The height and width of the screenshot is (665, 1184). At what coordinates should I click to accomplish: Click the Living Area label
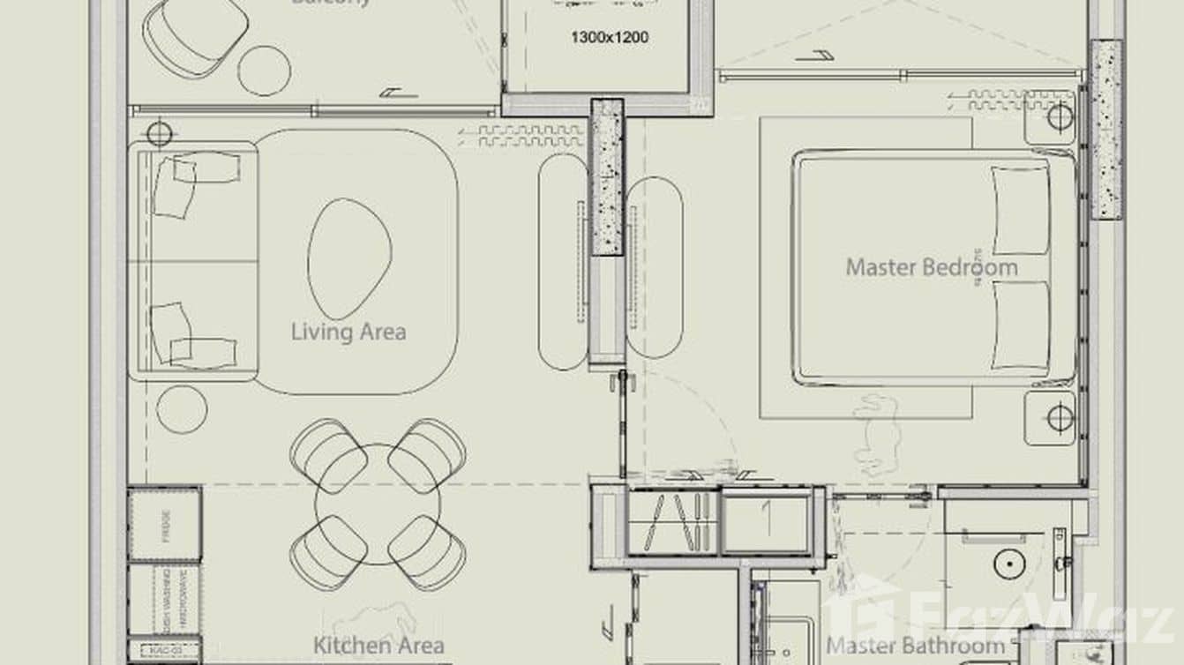[x=348, y=332]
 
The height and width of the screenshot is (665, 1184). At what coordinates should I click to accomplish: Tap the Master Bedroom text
[x=931, y=267]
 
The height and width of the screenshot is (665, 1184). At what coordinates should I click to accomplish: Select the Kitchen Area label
[x=378, y=646]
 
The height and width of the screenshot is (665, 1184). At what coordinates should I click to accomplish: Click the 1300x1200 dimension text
[x=610, y=38]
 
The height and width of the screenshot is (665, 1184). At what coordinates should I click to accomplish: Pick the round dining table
[x=378, y=504]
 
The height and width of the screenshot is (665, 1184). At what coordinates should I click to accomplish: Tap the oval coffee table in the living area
[x=348, y=258]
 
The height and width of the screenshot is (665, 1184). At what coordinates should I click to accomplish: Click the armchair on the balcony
[x=195, y=35]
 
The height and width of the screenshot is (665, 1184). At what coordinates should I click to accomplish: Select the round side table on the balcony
[x=264, y=70]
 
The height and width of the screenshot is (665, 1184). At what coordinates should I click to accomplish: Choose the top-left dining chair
[x=327, y=453]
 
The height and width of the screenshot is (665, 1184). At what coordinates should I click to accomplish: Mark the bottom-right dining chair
[x=428, y=552]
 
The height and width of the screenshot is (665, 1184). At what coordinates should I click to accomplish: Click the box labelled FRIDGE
[x=165, y=524]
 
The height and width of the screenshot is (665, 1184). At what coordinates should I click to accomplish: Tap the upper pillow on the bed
[x=1021, y=209]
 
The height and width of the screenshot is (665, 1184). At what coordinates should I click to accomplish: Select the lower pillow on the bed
[x=1021, y=324]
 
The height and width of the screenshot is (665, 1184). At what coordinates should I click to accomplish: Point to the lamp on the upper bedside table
[x=1060, y=116]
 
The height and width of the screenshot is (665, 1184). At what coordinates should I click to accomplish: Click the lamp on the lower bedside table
[x=1060, y=417]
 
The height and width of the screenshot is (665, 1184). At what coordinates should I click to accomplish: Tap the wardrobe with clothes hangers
[x=673, y=521]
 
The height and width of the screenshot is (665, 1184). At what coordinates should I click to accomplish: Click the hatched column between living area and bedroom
[x=606, y=176]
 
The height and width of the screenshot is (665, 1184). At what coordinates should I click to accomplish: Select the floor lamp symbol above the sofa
[x=159, y=134]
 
